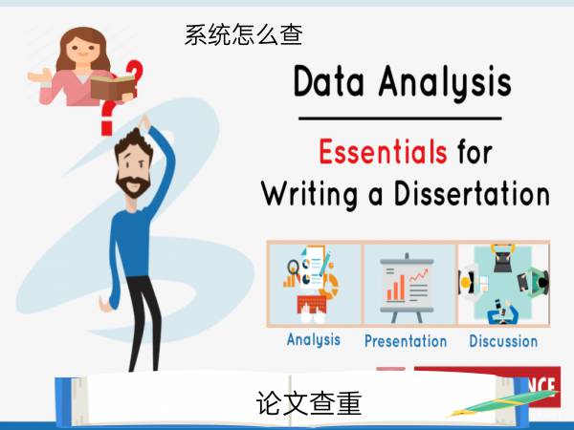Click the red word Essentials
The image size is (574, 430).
[x=383, y=151]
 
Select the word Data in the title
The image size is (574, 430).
[x=329, y=81]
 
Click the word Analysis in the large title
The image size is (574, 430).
[x=445, y=83]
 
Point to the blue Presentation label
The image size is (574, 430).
[x=406, y=341]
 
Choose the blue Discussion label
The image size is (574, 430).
[x=503, y=341]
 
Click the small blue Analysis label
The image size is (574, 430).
[x=314, y=340]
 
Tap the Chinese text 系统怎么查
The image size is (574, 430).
[x=243, y=35]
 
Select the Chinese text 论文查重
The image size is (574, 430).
[x=309, y=403]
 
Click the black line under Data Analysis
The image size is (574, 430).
[x=400, y=118]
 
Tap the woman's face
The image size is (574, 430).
[x=83, y=50]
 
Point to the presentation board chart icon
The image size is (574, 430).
[x=407, y=288]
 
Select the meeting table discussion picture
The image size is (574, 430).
[x=503, y=285]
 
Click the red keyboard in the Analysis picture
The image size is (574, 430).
[x=312, y=304]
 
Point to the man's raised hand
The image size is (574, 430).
[x=145, y=122]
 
